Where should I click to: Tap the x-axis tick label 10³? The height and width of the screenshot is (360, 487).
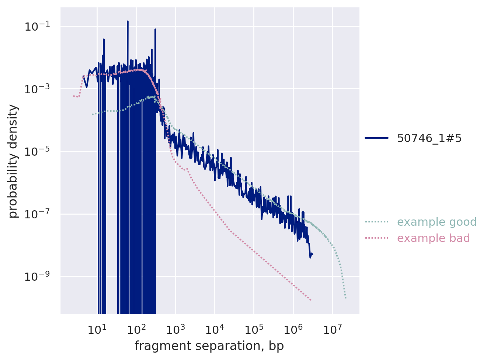tap(175, 329)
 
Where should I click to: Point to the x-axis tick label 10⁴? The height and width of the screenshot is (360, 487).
tap(215, 329)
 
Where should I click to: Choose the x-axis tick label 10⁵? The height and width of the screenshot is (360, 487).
tap(254, 329)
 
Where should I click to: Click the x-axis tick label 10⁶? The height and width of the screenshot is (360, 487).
tap(293, 329)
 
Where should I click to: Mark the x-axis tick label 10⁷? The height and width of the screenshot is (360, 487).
tap(332, 329)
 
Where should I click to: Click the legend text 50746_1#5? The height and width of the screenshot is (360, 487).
tap(429, 138)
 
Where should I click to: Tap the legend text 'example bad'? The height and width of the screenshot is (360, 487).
tap(433, 238)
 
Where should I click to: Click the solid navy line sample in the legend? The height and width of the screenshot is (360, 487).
tap(376, 138)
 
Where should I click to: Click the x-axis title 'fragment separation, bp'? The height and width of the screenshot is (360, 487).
tap(209, 346)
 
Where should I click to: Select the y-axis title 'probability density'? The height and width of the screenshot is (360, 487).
tap(13, 161)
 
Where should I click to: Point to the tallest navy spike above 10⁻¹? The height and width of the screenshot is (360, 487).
tap(128, 22)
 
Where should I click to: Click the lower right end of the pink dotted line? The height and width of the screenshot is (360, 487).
tap(310, 300)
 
